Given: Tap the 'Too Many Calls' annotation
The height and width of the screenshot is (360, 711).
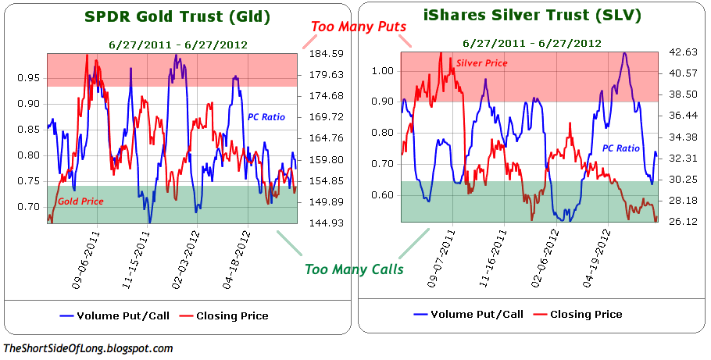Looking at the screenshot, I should [x=354, y=269].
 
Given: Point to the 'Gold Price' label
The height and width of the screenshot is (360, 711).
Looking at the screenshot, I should [x=80, y=201].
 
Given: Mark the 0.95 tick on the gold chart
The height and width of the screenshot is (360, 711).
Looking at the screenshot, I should [x=28, y=77].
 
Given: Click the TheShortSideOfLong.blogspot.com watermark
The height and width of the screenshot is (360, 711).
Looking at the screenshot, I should [x=88, y=349].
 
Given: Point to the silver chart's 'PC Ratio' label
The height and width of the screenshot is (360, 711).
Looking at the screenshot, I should [x=621, y=148].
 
